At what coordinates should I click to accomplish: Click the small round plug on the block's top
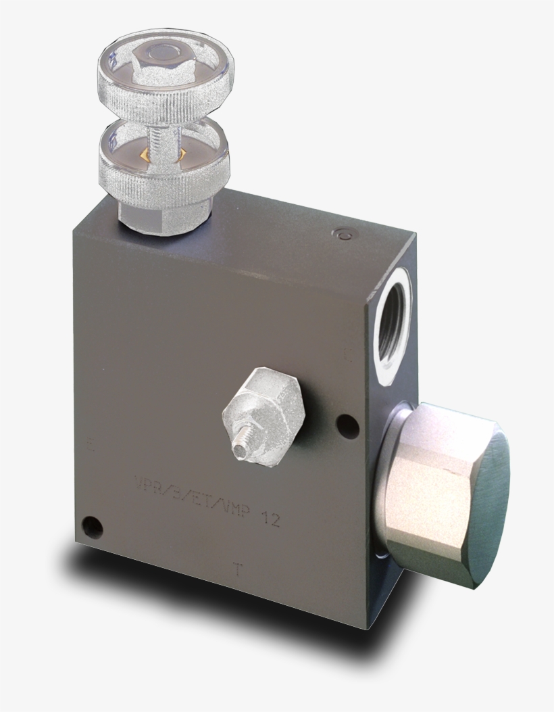(x=343, y=234)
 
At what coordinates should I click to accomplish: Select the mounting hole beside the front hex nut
(x=348, y=425)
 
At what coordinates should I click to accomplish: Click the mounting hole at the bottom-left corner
(x=92, y=526)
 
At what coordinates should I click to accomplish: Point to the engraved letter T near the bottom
(x=236, y=569)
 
